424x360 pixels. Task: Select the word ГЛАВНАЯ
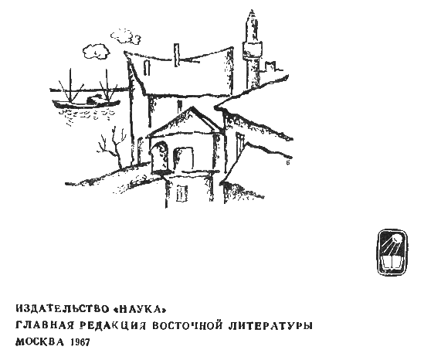44,325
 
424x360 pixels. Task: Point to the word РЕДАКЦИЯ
113,325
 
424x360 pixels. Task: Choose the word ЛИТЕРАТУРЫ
270,325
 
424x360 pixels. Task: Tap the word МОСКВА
40,342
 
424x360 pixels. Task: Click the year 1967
80,342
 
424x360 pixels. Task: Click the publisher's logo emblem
392,252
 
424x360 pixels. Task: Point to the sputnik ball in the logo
397,239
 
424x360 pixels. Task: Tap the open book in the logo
392,263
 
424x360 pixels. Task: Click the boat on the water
86,102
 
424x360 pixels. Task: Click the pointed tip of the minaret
252,10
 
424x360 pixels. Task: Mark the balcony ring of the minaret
252,49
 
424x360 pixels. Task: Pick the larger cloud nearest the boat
96,52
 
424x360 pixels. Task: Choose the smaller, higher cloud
125,36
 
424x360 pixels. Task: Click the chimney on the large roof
177,55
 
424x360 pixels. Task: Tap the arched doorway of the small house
160,157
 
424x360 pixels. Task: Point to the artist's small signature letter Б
288,162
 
